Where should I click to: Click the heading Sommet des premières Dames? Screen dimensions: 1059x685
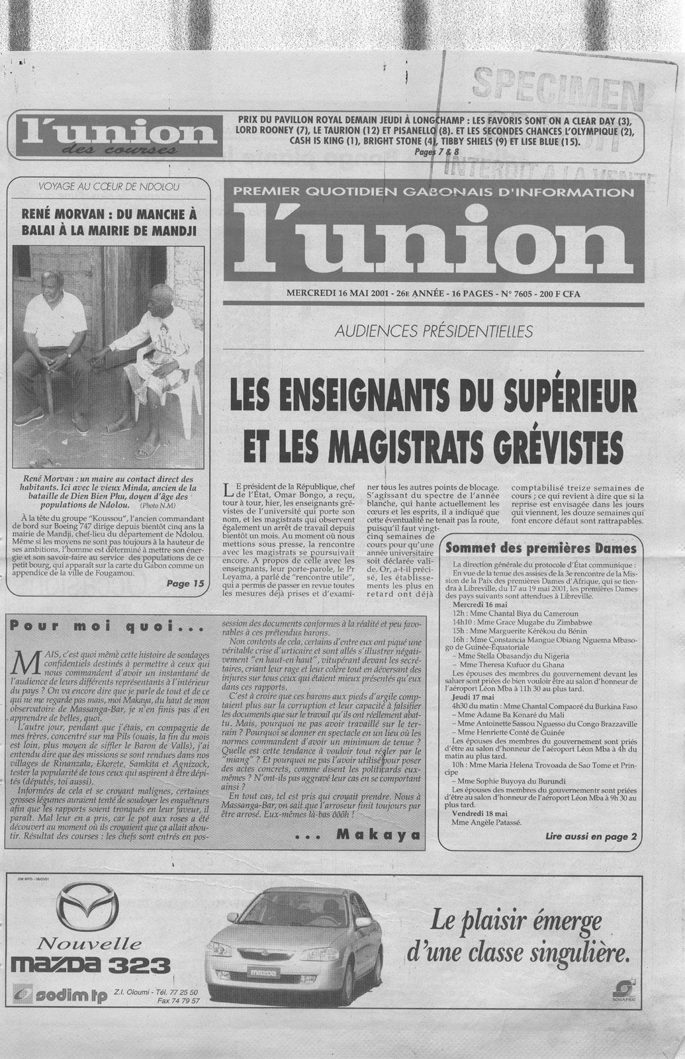(541, 548)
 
